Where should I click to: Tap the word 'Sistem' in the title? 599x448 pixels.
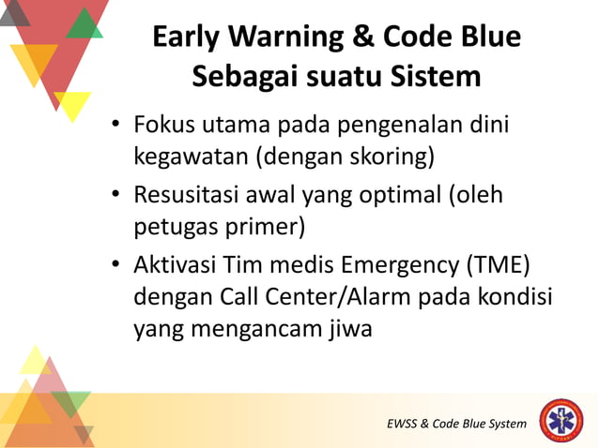pyautogui.click(x=437, y=76)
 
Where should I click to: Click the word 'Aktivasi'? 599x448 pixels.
pyautogui.click(x=177, y=266)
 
